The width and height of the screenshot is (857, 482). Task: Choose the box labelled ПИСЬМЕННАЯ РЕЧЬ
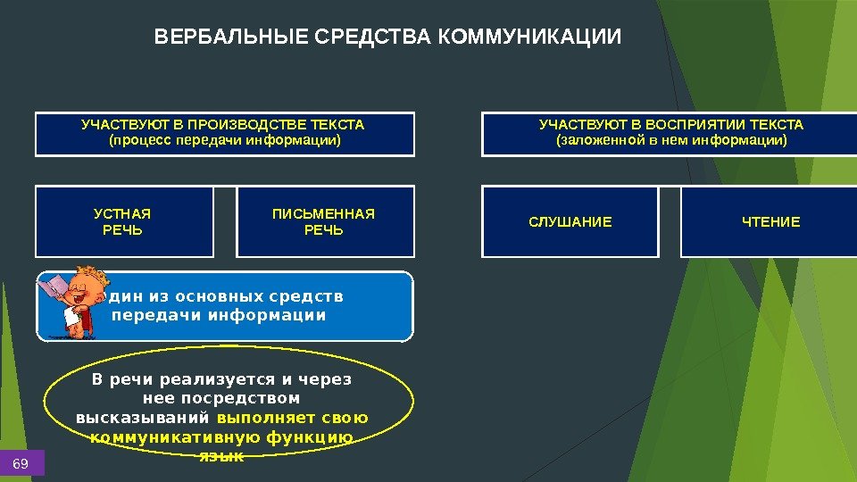[x=324, y=222]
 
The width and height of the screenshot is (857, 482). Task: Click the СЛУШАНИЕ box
[x=570, y=222]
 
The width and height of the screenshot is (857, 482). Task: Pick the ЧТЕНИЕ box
[x=771, y=222]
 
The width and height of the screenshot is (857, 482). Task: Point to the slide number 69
[x=21, y=463]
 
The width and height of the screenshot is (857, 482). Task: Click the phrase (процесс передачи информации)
[x=225, y=140]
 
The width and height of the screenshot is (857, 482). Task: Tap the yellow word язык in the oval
[x=220, y=455]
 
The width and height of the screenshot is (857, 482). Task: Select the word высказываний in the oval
[x=143, y=418]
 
